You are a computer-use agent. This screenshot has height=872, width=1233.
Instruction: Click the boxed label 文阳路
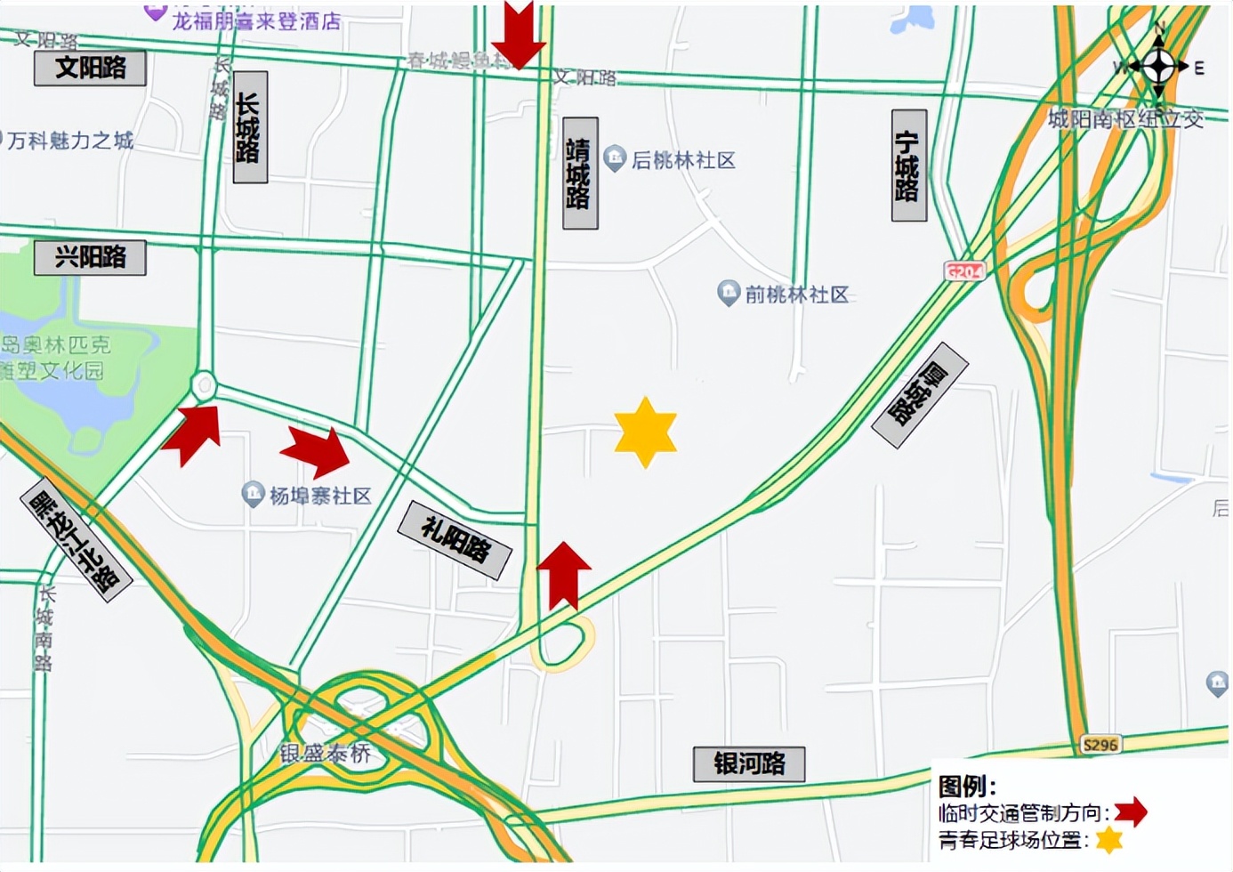click(x=90, y=68)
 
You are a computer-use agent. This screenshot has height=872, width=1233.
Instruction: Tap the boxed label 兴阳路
click(x=90, y=257)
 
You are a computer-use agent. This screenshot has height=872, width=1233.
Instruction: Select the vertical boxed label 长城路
click(x=250, y=127)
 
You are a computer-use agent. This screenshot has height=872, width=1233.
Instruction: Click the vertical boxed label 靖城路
click(x=580, y=173)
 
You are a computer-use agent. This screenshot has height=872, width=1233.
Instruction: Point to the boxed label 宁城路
click(x=908, y=166)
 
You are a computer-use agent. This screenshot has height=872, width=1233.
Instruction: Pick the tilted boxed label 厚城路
click(x=920, y=394)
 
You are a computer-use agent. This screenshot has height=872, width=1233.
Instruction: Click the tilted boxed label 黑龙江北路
click(x=76, y=540)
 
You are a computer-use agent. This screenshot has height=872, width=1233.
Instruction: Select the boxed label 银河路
click(x=749, y=763)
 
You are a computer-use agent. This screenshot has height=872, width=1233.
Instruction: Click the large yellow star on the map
click(x=646, y=432)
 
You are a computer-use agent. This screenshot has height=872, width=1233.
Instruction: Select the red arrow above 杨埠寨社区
click(x=318, y=450)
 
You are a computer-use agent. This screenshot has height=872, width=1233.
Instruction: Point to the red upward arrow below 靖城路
click(x=564, y=574)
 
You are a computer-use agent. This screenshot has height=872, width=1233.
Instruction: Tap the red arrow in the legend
click(x=1131, y=811)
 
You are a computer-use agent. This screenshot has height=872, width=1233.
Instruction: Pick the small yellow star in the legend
click(x=1108, y=840)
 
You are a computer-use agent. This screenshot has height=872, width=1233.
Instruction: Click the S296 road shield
click(x=1100, y=744)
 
